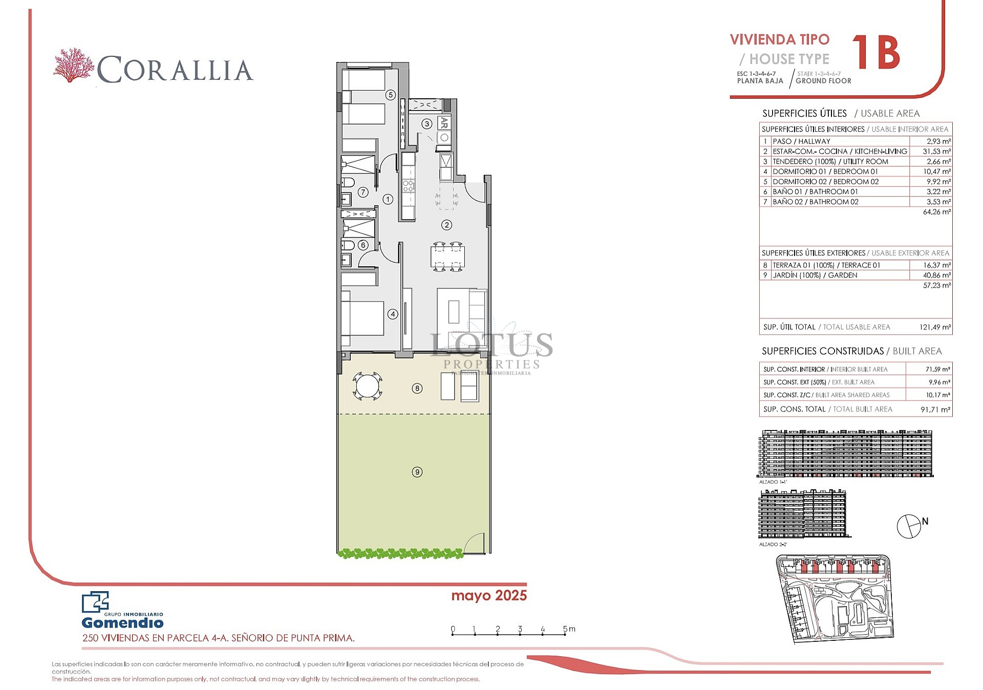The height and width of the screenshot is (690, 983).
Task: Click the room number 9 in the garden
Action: pyautogui.click(x=417, y=472)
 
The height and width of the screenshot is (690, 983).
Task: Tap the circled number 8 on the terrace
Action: pyautogui.click(x=417, y=389)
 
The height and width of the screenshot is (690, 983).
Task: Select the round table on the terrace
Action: pyautogui.click(x=367, y=386)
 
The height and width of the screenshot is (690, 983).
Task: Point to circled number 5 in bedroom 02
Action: pyautogui.click(x=390, y=95)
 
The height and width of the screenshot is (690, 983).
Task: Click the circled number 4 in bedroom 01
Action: pyautogui.click(x=392, y=314)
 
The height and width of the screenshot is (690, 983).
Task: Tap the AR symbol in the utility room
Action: pyautogui.click(x=444, y=123)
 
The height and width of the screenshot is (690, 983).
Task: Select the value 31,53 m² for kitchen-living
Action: pyautogui.click(x=936, y=152)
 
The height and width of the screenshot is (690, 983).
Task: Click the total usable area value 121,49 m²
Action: pyautogui.click(x=935, y=327)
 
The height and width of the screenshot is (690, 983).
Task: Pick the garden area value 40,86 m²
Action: pyautogui.click(x=936, y=275)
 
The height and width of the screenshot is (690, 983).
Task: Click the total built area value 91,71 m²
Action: pyautogui.click(x=935, y=409)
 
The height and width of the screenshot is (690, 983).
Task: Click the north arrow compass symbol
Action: pyautogui.click(x=909, y=526)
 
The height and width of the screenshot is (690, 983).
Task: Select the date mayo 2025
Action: pyautogui.click(x=488, y=595)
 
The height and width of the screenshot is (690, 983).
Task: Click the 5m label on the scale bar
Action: pyautogui.click(x=569, y=629)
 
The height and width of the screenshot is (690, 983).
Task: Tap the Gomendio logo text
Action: pyautogui.click(x=122, y=623)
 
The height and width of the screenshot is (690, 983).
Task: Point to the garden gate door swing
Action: pyautogui.click(x=474, y=543)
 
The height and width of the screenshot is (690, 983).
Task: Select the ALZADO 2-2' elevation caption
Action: pyautogui.click(x=773, y=545)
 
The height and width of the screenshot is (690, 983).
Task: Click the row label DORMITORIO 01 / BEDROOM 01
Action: pyautogui.click(x=825, y=171)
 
